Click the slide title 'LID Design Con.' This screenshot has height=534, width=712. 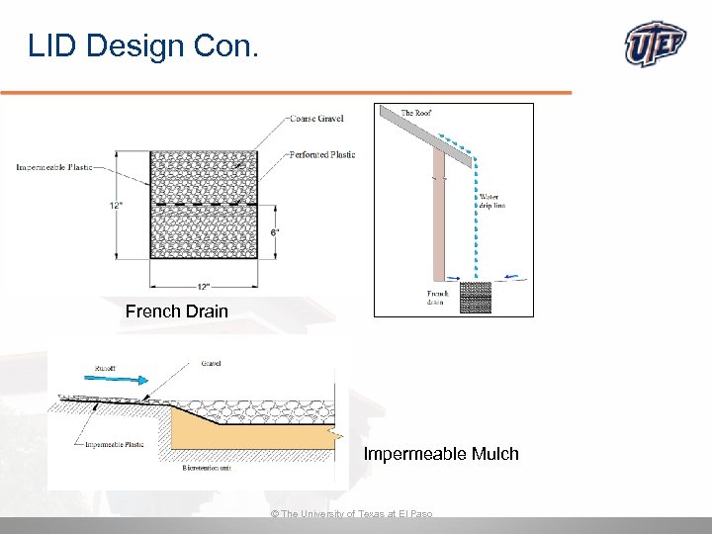pyautogui.click(x=143, y=45)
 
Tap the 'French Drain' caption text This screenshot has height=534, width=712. pyautogui.click(x=177, y=311)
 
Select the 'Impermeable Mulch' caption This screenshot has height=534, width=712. pyautogui.click(x=441, y=454)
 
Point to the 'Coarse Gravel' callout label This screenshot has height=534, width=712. pyautogui.click(x=316, y=119)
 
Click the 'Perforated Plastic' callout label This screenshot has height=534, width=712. pyautogui.click(x=322, y=155)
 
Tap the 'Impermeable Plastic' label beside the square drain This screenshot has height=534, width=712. pyautogui.click(x=54, y=167)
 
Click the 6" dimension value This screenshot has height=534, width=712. pyautogui.click(x=275, y=232)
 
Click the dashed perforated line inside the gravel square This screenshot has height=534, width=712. pyautogui.click(x=204, y=205)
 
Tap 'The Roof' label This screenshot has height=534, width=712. pyautogui.click(x=416, y=113)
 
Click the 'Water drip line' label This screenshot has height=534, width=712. pyautogui.click(x=491, y=202)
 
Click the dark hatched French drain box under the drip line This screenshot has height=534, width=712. pyautogui.click(x=477, y=297)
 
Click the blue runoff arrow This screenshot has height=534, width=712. pyautogui.click(x=125, y=378)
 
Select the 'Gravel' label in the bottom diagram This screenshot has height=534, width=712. pyautogui.click(x=211, y=364)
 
